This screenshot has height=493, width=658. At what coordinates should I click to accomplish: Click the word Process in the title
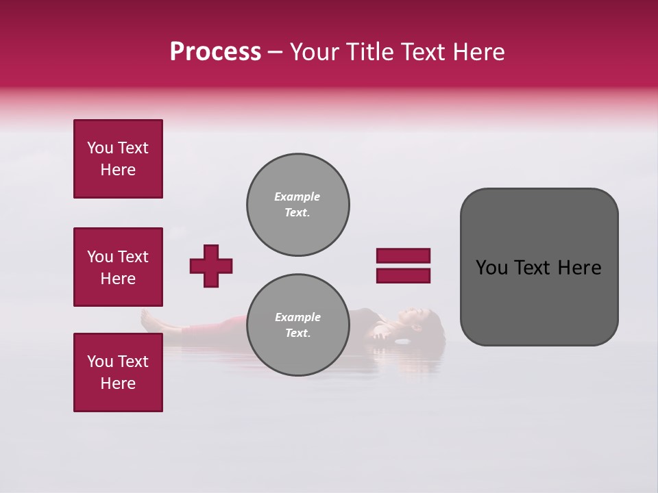tap(215, 52)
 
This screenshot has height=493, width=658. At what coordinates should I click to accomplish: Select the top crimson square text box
tap(118, 159)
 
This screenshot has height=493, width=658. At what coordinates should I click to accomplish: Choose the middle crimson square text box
tap(118, 267)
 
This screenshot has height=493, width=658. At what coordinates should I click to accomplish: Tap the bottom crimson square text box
tap(118, 372)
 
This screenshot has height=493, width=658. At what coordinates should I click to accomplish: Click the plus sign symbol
tap(211, 266)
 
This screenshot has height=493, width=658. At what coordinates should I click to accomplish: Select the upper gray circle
tap(297, 205)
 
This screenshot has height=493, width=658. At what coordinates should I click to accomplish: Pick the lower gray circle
tap(297, 325)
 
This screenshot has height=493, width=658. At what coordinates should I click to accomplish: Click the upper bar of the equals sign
tap(403, 256)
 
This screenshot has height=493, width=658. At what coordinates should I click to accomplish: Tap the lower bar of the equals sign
tap(403, 276)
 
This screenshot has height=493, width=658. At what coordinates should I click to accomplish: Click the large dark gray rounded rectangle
tap(539, 267)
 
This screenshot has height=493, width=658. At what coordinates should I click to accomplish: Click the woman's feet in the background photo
tap(147, 318)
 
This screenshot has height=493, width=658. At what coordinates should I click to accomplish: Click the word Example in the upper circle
tap(297, 197)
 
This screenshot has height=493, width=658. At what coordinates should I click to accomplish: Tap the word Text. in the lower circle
tap(297, 333)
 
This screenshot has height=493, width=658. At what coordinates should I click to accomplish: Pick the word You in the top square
tap(99, 148)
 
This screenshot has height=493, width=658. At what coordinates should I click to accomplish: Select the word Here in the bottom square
tap(118, 383)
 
